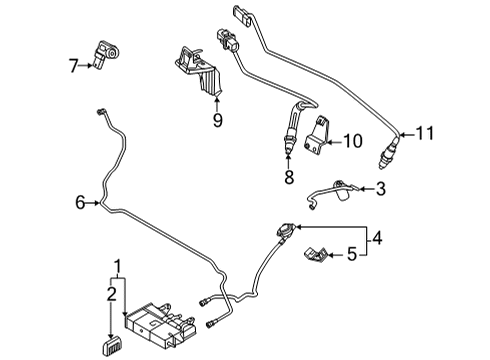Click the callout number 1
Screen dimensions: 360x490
(x=119, y=267)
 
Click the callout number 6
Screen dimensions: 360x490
(x=80, y=203)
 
